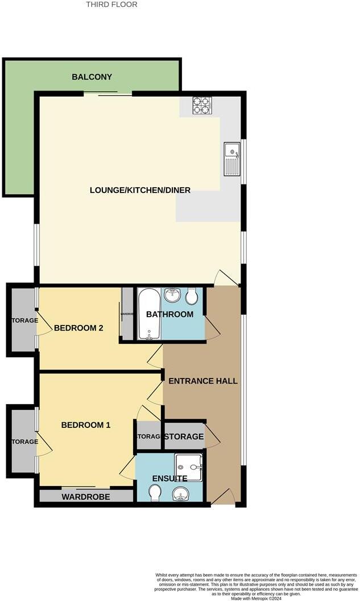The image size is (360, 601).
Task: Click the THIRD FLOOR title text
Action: click(x=111, y=5)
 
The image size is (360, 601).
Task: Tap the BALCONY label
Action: click(x=92, y=77)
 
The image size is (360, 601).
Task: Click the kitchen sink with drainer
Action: click(x=232, y=159)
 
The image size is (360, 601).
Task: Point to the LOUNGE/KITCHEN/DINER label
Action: click(x=140, y=190)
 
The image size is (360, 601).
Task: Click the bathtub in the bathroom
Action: click(x=149, y=314)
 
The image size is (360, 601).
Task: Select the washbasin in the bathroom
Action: click(x=172, y=294)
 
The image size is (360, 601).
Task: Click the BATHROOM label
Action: click(x=169, y=314)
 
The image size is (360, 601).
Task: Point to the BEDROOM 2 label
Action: click(x=78, y=328)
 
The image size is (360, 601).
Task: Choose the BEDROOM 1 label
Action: click(x=86, y=425)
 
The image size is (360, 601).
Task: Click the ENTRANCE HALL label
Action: click(x=203, y=381)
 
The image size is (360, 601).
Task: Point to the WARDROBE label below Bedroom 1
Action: click(x=85, y=496)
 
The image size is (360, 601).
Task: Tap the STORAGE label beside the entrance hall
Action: click(x=184, y=437)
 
